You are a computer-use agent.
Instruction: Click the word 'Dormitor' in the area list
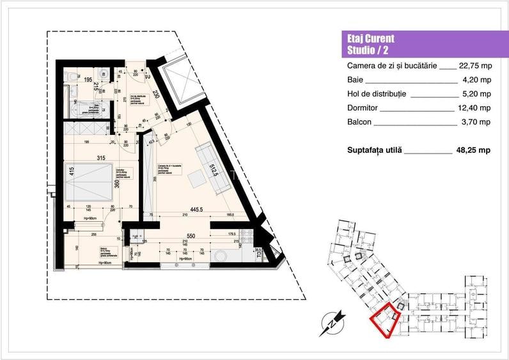pos(362,108)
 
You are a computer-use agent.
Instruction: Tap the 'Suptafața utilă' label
pos(373,150)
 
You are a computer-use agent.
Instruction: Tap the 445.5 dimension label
pos(196,208)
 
